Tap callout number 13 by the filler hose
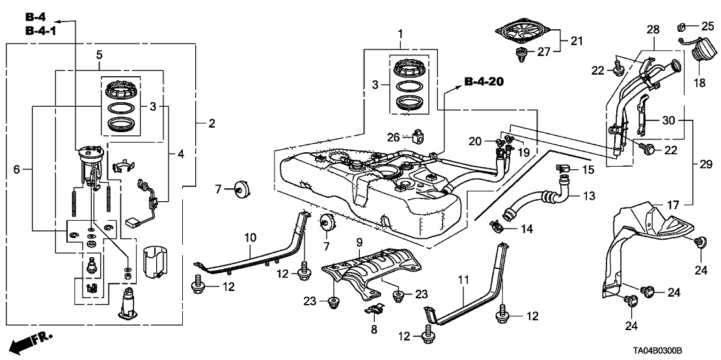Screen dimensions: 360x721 click(588, 195)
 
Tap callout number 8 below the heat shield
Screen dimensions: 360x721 click(374, 329)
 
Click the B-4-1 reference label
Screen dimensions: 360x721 click(41, 31)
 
